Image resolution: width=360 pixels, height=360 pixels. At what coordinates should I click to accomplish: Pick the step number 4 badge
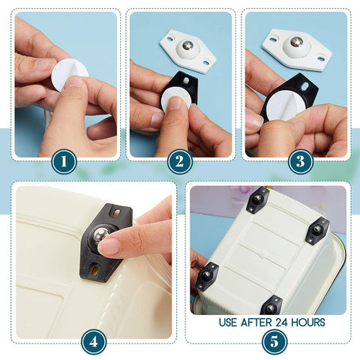[93, 341]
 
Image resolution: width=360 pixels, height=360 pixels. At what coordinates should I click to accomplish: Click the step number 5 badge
[274, 341]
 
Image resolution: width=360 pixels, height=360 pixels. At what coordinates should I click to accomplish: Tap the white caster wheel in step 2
[187, 50]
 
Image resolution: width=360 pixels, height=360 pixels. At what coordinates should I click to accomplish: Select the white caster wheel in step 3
[297, 49]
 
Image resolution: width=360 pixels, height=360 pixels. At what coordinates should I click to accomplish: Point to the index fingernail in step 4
[109, 245]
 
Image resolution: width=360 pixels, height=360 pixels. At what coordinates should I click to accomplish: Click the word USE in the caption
[229, 322]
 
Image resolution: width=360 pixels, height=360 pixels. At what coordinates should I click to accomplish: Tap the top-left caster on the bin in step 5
[258, 200]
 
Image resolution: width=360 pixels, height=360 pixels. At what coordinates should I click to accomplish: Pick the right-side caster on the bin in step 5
[317, 230]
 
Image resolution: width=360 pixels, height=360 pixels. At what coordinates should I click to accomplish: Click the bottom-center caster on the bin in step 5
[270, 306]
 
